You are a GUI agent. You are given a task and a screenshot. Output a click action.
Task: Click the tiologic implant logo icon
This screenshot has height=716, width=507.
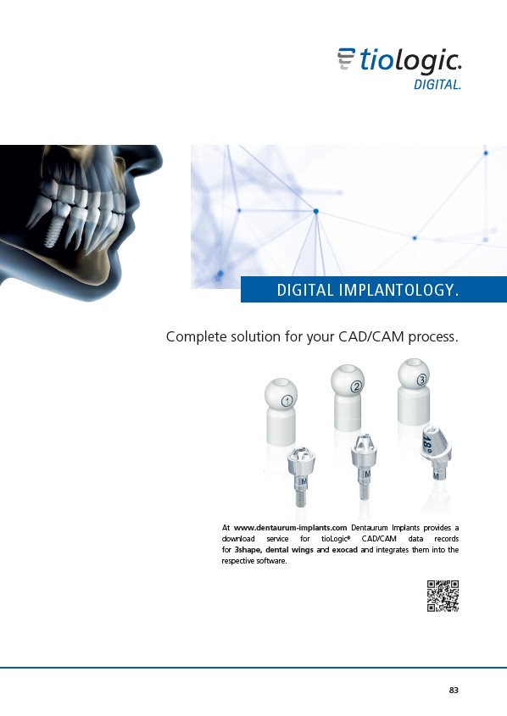[346, 58]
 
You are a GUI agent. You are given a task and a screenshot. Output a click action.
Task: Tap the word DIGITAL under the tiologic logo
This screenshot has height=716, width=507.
[437, 85]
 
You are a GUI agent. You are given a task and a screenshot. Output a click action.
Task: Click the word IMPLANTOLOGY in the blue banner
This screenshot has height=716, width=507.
[398, 290]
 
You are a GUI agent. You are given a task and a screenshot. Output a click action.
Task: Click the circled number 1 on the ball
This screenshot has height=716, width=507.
[287, 401]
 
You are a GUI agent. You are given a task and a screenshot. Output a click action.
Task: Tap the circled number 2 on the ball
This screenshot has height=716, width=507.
[356, 387]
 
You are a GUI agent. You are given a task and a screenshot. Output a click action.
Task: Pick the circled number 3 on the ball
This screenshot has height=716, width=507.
[421, 379]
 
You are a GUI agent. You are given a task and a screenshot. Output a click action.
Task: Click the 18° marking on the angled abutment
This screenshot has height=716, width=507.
[426, 444]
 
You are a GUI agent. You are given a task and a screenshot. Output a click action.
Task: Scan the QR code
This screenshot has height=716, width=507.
[443, 596]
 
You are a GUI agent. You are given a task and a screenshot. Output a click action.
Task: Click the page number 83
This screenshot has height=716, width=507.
[454, 690]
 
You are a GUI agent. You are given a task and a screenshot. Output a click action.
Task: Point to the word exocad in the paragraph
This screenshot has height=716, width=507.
[345, 550]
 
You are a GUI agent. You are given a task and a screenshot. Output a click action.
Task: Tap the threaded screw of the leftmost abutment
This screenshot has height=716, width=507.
[300, 497]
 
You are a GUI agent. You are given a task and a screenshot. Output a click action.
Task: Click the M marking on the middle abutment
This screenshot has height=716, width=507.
[366, 475]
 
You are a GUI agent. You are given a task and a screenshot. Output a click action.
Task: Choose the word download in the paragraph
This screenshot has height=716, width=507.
[238, 539]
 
